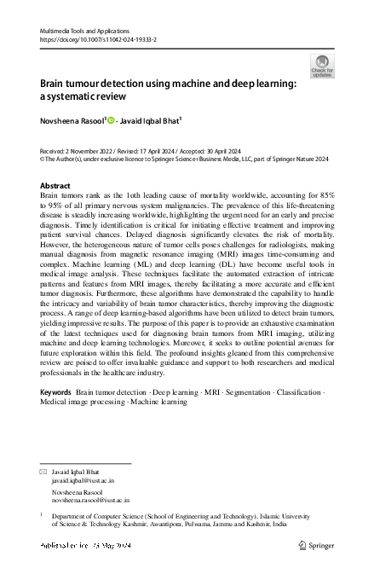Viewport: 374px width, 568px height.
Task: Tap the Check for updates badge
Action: point(322,66)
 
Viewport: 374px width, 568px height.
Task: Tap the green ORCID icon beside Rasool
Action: point(111,121)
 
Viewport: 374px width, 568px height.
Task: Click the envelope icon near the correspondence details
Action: point(44,472)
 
